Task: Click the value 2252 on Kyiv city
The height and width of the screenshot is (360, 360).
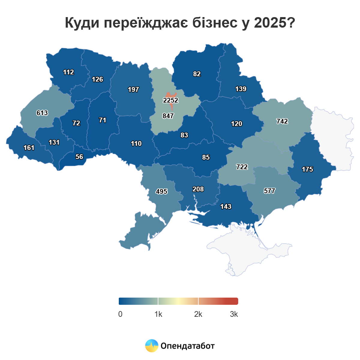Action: pyautogui.click(x=171, y=100)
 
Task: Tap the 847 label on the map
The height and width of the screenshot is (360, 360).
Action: pyautogui.click(x=168, y=116)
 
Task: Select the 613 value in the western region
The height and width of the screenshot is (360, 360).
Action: pyautogui.click(x=42, y=113)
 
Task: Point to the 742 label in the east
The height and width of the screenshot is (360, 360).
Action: pyautogui.click(x=282, y=121)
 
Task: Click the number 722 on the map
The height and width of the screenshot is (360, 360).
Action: pyautogui.click(x=242, y=167)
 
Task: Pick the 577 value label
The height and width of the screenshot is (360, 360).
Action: pyautogui.click(x=269, y=191)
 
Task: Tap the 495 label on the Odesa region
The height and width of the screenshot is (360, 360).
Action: pyautogui.click(x=161, y=191)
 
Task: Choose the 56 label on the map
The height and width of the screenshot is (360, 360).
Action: pyautogui.click(x=79, y=157)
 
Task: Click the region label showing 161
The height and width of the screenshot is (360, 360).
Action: pyautogui.click(x=29, y=148)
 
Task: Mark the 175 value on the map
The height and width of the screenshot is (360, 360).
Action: pyautogui.click(x=307, y=169)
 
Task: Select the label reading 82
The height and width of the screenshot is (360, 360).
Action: pyautogui.click(x=197, y=74)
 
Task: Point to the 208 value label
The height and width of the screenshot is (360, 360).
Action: pyautogui.click(x=198, y=189)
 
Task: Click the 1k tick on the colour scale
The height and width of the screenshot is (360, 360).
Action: pyautogui.click(x=158, y=314)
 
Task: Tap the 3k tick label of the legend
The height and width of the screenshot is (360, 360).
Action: pyautogui.click(x=234, y=314)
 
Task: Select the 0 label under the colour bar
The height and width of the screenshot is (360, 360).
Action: pyautogui.click(x=120, y=314)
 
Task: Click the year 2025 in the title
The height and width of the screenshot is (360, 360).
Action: pyautogui.click(x=270, y=23)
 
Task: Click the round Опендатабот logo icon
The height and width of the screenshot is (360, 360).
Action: pyautogui.click(x=152, y=346)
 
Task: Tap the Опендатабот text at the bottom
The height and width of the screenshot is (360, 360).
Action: pyautogui.click(x=188, y=346)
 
